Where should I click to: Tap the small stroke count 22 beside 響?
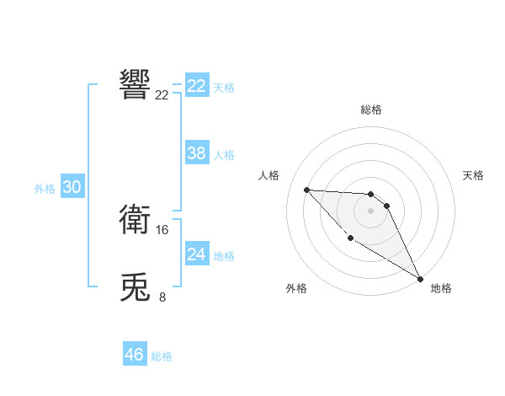pyautogui.click(x=162, y=95)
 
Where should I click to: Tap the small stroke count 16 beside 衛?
pyautogui.click(x=162, y=230)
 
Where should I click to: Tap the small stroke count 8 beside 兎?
pyautogui.click(x=162, y=297)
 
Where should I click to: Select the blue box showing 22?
pyautogui.click(x=197, y=86)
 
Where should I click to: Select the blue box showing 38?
pyautogui.click(x=197, y=153)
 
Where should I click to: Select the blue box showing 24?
pyautogui.click(x=197, y=254)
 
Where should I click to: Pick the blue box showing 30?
pyautogui.click(x=72, y=188)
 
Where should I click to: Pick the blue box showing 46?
pyautogui.click(x=135, y=355)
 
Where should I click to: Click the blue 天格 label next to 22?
pyautogui.click(x=224, y=88)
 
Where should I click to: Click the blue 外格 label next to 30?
pyautogui.click(x=45, y=190)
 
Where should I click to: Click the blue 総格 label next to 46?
pyautogui.click(x=162, y=356)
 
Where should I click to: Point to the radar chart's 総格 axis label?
pyautogui.click(x=371, y=110)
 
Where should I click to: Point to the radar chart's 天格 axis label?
pyautogui.click(x=473, y=175)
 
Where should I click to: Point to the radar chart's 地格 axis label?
pyautogui.click(x=441, y=288)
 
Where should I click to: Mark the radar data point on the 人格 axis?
pyautogui.click(x=306, y=190)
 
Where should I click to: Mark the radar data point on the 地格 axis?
pyautogui.click(x=420, y=278)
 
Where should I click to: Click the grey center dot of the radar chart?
pyautogui.click(x=371, y=211)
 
